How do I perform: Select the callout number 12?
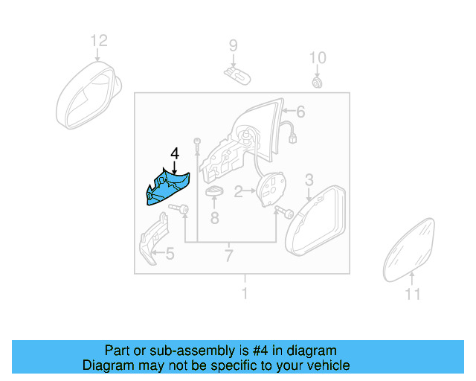99,41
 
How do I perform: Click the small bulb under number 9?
235,72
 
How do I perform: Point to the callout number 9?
233,46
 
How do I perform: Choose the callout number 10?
318,57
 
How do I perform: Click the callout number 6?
300,112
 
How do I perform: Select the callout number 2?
239,192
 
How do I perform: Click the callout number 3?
309,179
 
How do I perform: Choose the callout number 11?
412,295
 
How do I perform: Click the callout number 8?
214,218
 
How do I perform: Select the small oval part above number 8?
214,193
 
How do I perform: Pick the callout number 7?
228,257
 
